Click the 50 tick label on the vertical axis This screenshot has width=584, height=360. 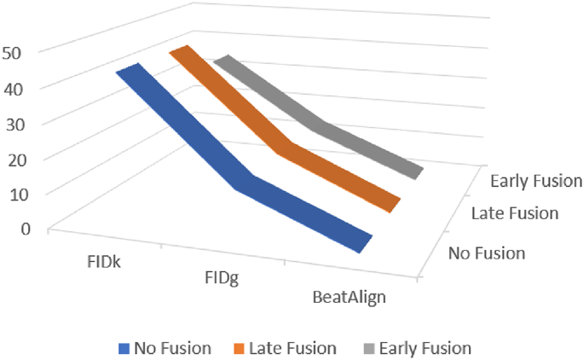pos(23,51)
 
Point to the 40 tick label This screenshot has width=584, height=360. pos(23,87)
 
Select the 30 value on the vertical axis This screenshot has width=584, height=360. pos(23,123)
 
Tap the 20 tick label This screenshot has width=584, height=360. pos(23,159)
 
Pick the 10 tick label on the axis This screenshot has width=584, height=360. pos(23,194)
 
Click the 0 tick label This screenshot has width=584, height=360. pos(27,229)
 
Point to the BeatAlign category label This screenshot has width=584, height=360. pos(349,297)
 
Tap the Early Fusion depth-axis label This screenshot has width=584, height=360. pos(536,181)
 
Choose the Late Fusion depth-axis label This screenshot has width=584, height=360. pos(514,213)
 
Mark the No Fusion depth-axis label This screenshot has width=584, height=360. pos(487,253)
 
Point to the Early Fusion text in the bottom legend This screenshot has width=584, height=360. pos(425,348)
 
